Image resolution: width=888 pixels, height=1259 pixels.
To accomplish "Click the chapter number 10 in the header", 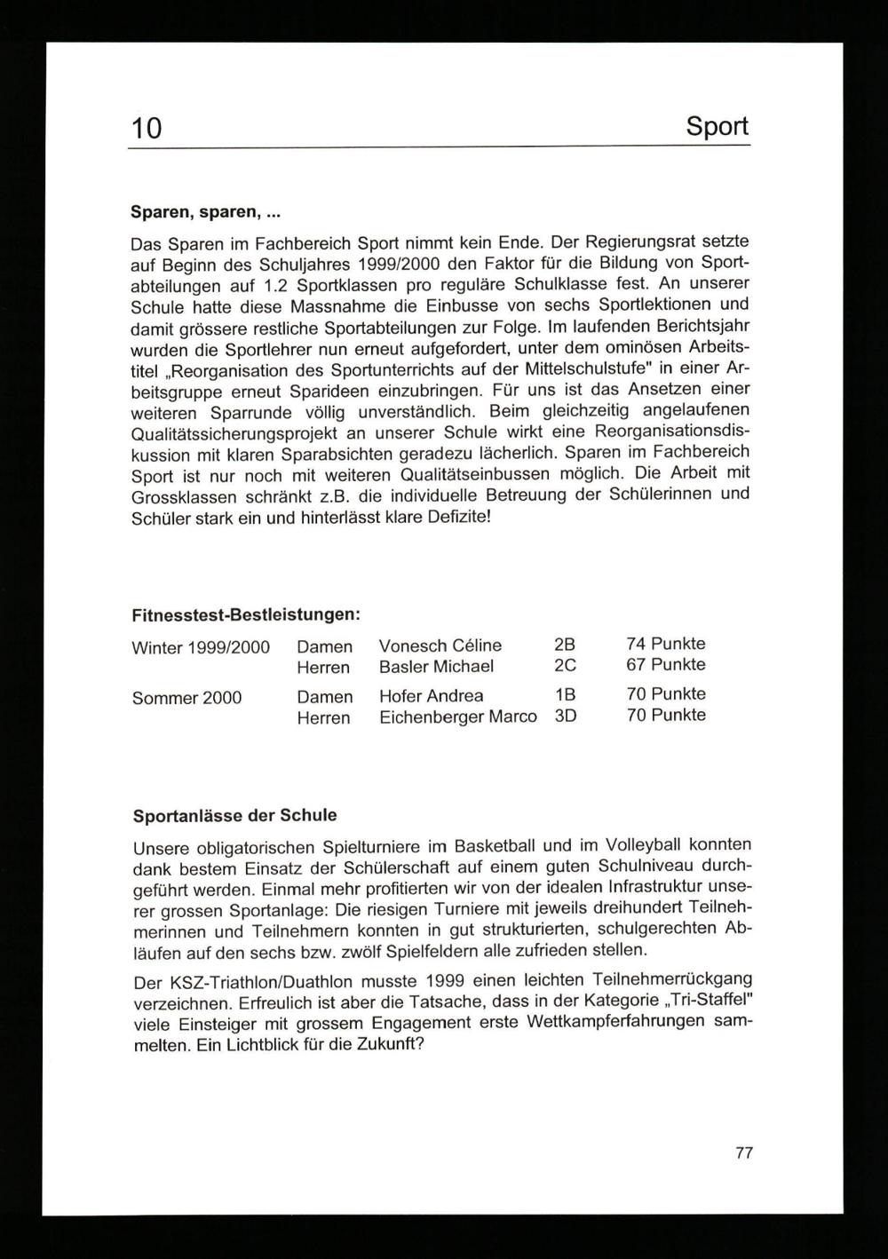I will (x=147, y=129).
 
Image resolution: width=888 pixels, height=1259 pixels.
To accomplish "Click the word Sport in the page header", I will (x=717, y=126).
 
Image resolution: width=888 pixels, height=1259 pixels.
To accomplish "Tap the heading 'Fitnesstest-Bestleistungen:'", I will (x=245, y=614).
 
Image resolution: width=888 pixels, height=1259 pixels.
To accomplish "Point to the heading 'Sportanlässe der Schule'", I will (x=234, y=815).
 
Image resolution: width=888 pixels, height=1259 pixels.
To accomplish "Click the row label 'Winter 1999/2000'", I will (x=201, y=647).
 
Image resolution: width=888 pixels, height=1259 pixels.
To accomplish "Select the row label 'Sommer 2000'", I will (x=186, y=698).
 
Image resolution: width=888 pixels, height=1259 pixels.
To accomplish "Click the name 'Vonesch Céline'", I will (x=440, y=645).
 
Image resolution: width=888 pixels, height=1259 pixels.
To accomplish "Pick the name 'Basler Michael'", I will (x=436, y=666).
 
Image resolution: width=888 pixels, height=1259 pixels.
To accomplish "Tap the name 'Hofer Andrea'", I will (x=431, y=695).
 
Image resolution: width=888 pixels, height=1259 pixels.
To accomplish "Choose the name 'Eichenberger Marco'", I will (x=457, y=717).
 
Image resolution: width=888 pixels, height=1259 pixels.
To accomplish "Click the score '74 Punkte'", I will (x=665, y=644).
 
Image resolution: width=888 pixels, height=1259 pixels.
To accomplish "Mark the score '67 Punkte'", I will (x=665, y=664).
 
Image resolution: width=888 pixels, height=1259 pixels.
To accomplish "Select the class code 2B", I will (x=565, y=645).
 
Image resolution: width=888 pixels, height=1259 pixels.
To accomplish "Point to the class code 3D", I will (x=565, y=716).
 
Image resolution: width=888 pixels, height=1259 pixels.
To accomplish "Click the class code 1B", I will (x=565, y=695).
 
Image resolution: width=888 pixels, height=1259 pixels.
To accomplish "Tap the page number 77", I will (x=744, y=1153).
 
